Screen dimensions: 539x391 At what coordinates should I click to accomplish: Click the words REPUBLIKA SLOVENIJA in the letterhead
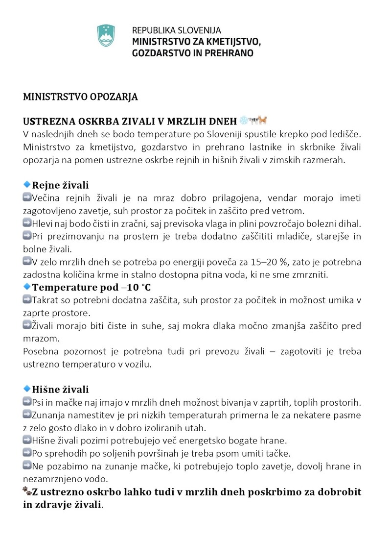tap(176, 30)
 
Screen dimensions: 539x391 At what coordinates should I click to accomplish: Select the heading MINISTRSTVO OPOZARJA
tap(80, 97)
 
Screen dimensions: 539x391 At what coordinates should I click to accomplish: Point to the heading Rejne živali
tap(60, 185)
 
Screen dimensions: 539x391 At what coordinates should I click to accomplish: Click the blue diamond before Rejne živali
tap(27, 185)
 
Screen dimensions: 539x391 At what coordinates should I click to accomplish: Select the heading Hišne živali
tap(60, 390)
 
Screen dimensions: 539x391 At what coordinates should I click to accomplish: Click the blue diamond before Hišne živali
tap(27, 389)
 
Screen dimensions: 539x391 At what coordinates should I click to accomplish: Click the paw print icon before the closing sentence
tap(27, 491)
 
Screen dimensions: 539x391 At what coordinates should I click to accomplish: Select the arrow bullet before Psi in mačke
tap(27, 402)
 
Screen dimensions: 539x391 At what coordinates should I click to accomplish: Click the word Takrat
tap(45, 300)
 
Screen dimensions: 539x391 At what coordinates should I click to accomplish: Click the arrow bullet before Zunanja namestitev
tap(27, 415)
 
